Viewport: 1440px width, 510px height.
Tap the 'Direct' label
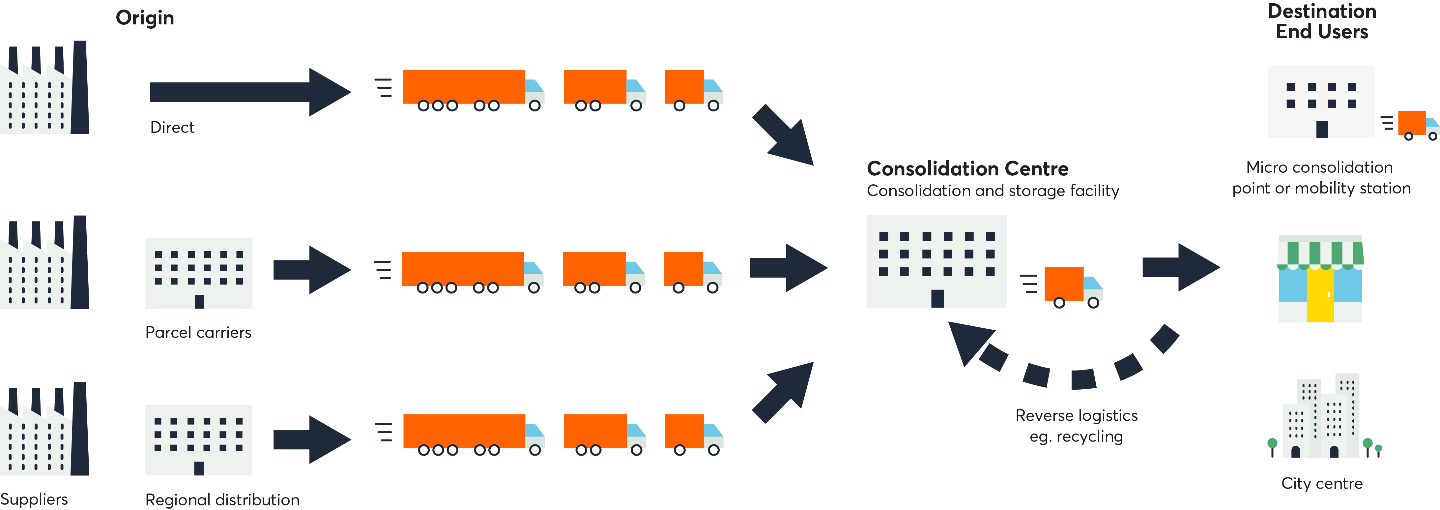(172, 128)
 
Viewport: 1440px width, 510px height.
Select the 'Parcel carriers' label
(198, 333)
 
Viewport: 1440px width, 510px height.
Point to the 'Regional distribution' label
(222, 499)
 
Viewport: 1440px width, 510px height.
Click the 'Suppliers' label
(34, 499)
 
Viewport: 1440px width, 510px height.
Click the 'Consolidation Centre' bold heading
(967, 169)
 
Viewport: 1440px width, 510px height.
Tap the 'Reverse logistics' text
(1076, 415)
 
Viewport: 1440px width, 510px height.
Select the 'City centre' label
(1321, 483)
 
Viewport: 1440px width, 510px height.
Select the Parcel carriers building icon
(198, 273)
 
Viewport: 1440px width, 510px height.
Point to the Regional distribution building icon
(198, 439)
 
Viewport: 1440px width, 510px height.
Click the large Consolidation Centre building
(936, 260)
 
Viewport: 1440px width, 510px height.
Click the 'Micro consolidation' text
(1319, 167)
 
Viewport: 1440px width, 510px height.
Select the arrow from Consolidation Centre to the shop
(1181, 267)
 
